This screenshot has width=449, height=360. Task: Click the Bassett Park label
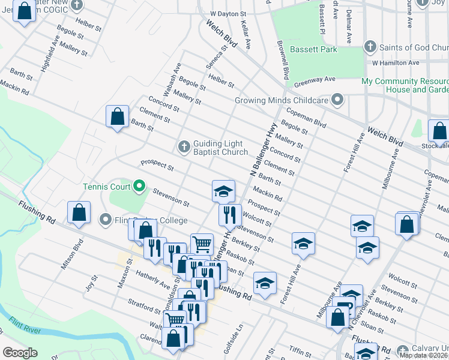313,49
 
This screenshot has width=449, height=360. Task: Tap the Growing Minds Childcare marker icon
338,100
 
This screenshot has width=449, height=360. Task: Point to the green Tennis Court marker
140,186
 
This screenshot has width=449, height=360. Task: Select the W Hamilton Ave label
394,62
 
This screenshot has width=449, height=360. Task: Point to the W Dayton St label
228,13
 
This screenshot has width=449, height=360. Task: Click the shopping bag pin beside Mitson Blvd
79,212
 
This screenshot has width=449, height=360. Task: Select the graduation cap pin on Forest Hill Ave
303,244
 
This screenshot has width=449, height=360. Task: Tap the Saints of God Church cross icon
370,47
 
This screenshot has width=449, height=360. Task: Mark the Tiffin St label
298,350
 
